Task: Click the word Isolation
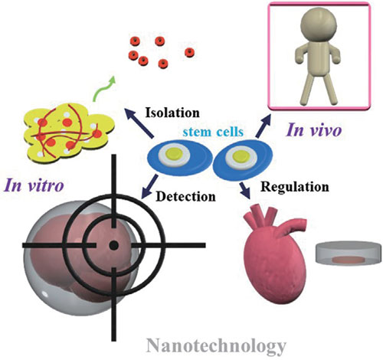[172, 113]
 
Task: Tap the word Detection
[186, 197]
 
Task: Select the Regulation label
[295, 187]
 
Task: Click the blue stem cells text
[213, 132]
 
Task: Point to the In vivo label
[314, 129]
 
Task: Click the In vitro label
[34, 185]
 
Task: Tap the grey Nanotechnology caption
[216, 346]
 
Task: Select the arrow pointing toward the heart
[245, 190]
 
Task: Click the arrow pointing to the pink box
[263, 126]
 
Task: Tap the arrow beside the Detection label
[149, 187]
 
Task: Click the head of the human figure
[319, 24]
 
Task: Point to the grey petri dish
[349, 253]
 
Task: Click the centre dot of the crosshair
[113, 245]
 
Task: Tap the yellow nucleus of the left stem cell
[174, 154]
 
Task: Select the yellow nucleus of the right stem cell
[240, 155]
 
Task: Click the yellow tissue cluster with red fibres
[67, 133]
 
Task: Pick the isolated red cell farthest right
[189, 52]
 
